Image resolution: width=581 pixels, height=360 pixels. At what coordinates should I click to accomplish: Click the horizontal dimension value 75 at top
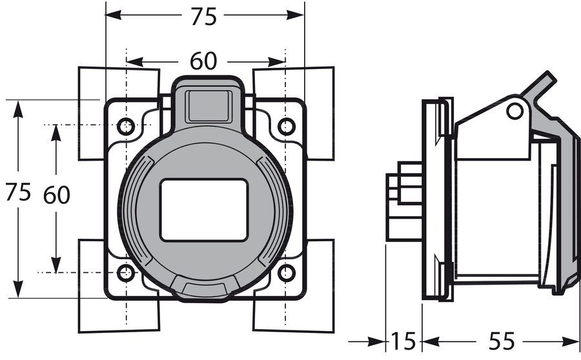[203, 17]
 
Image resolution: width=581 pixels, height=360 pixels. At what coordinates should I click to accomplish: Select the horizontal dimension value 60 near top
[203, 61]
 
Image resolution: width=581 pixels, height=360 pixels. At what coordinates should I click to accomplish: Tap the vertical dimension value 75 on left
[18, 192]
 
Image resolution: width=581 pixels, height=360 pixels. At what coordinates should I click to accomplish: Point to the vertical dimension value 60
[56, 195]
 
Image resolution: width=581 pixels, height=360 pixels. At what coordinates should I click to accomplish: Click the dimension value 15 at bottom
[403, 341]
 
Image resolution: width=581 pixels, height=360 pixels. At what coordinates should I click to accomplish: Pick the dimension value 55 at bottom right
[502, 341]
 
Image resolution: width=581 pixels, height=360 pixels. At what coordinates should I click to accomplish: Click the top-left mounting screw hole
[126, 126]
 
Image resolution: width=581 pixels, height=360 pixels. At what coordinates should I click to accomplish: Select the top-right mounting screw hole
[287, 126]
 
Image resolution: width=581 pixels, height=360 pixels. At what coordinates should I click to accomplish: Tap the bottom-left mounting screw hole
[126, 274]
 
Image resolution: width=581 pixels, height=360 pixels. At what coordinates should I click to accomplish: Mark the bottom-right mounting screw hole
[287, 274]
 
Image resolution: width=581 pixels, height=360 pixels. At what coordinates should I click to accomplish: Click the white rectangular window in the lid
[204, 210]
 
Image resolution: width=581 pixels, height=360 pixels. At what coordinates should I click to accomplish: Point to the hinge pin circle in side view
[515, 111]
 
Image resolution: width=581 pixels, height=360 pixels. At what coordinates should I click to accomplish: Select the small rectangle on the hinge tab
[210, 106]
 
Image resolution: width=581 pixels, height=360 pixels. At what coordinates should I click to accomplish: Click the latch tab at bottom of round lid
[204, 289]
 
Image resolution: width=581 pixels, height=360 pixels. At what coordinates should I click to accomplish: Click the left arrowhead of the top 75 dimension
[114, 15]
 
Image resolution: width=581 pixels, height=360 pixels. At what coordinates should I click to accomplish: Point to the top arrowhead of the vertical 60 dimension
[56, 133]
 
